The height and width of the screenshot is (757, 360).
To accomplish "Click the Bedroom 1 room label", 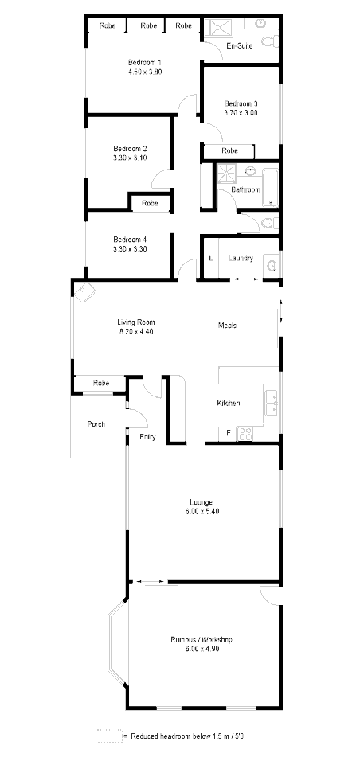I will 145,62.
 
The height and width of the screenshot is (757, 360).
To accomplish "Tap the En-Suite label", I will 239,47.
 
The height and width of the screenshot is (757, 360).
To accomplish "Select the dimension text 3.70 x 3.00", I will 240,113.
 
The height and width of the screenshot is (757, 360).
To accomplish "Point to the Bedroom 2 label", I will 130,148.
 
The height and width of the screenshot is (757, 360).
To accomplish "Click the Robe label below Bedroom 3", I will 229,150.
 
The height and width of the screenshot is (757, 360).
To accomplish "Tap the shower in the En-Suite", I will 217,29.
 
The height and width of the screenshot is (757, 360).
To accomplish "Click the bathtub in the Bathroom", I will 269,188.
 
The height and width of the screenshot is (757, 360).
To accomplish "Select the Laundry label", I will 241,258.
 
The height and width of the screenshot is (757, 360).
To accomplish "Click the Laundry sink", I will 272,264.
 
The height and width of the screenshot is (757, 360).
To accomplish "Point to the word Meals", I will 228,325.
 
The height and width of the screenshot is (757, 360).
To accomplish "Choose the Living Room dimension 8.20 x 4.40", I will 135,331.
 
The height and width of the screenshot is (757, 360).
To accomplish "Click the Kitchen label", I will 229,404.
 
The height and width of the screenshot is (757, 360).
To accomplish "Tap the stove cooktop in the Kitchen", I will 245,434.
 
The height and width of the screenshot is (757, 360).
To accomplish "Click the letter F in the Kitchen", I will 229,432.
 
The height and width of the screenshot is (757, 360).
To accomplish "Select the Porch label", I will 96,424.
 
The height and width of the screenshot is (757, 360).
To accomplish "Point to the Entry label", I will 148,437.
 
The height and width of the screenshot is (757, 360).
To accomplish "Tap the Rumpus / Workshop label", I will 202,639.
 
